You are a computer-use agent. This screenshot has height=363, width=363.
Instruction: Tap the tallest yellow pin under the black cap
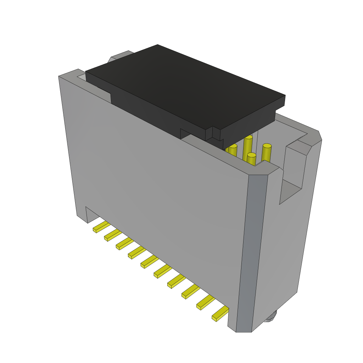click(x=248, y=147)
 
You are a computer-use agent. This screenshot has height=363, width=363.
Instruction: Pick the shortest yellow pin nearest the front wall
click(x=251, y=160)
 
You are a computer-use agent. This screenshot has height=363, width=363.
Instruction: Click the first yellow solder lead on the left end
click(x=101, y=227)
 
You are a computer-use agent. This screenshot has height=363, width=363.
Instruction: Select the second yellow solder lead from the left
click(x=112, y=235)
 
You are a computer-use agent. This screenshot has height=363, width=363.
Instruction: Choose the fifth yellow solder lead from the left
click(x=149, y=262)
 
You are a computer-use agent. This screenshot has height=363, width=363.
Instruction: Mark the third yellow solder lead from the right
click(x=190, y=291)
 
